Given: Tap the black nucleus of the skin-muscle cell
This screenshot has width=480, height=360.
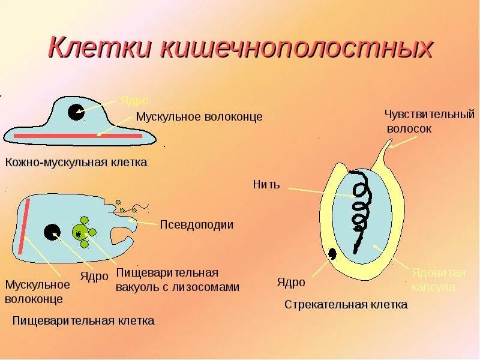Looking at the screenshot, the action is pos(76,112).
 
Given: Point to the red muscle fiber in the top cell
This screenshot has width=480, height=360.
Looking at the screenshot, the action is pos(78,136).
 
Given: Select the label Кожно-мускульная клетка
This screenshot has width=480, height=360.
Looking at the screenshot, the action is pos(76,162).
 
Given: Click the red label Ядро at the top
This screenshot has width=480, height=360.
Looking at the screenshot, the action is pos(134,100).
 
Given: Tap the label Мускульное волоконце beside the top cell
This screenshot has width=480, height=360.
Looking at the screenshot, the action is pos(199,116).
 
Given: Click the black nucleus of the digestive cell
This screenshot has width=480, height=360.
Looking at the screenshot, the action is pos(52,232).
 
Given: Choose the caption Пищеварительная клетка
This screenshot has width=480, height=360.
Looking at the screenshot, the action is pos(83,320).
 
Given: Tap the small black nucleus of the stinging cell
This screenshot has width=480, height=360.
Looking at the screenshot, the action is pos(332,254).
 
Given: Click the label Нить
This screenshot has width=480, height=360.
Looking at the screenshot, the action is pos(266,184).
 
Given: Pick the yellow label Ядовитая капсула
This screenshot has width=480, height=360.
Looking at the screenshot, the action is pos(438,280).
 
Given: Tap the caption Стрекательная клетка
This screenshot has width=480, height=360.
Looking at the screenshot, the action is pos(346,304).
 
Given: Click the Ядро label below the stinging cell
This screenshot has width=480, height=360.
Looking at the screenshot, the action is pos(291,282).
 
